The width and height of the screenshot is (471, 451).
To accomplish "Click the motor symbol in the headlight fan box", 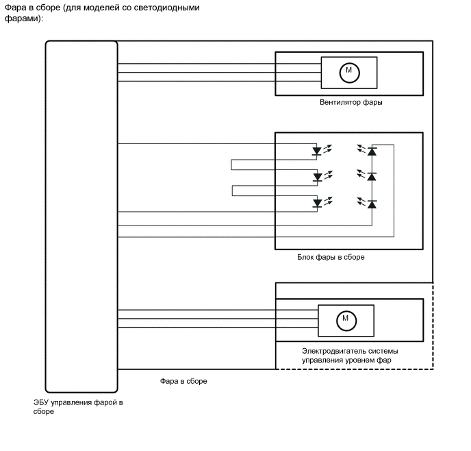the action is pos(349,73).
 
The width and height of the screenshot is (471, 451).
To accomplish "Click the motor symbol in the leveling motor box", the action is pos(346,321).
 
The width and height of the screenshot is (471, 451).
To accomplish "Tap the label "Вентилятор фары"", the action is pos(351,102).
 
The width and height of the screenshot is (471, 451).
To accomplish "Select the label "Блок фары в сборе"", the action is pos(331,257).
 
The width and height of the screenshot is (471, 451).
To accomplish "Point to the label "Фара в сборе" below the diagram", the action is pos(183,381).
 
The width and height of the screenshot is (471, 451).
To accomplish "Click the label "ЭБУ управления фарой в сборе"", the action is pos(78,407).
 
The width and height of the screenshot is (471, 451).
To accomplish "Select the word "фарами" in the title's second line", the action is pos(22,19).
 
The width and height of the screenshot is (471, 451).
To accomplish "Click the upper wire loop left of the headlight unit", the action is pos(231,164).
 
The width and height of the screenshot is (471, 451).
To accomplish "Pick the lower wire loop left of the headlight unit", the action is pos(232,191).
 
